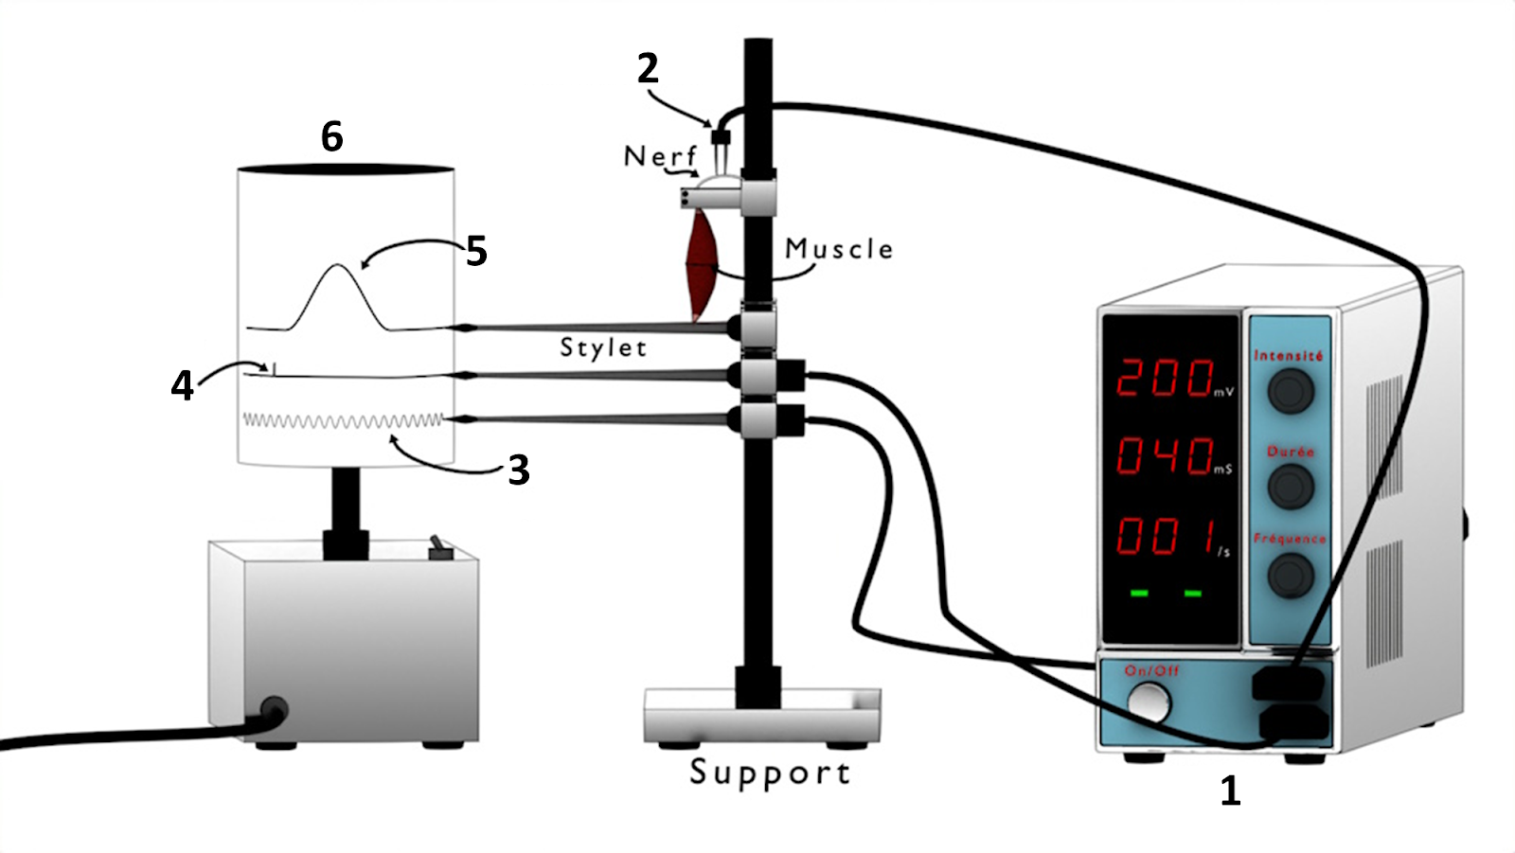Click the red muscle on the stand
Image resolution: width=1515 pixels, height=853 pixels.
tap(702, 265)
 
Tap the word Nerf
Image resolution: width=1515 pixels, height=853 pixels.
tap(660, 156)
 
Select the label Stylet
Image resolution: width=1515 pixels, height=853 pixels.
tap(603, 347)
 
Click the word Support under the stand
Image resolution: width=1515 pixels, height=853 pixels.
tap(770, 773)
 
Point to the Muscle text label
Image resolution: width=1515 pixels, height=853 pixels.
tap(839, 249)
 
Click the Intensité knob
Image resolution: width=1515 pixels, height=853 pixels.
tap(1290, 390)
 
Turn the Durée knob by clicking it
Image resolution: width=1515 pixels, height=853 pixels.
tap(1290, 487)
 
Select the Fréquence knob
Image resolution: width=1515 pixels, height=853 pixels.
tap(1290, 574)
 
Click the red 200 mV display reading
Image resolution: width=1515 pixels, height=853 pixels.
tap(1167, 377)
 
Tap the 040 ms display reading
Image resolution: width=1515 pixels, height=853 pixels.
tap(1167, 455)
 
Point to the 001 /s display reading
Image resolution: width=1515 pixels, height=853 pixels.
tap(1167, 536)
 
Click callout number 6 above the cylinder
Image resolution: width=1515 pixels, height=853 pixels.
tap(331, 137)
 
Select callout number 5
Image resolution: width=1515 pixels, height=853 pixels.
tap(476, 252)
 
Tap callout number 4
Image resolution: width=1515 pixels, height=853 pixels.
tap(182, 385)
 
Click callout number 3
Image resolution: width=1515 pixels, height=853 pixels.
tap(518, 470)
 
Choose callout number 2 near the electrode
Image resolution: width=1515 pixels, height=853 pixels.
tap(648, 69)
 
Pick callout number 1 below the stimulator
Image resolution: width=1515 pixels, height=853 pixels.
tap(1230, 791)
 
